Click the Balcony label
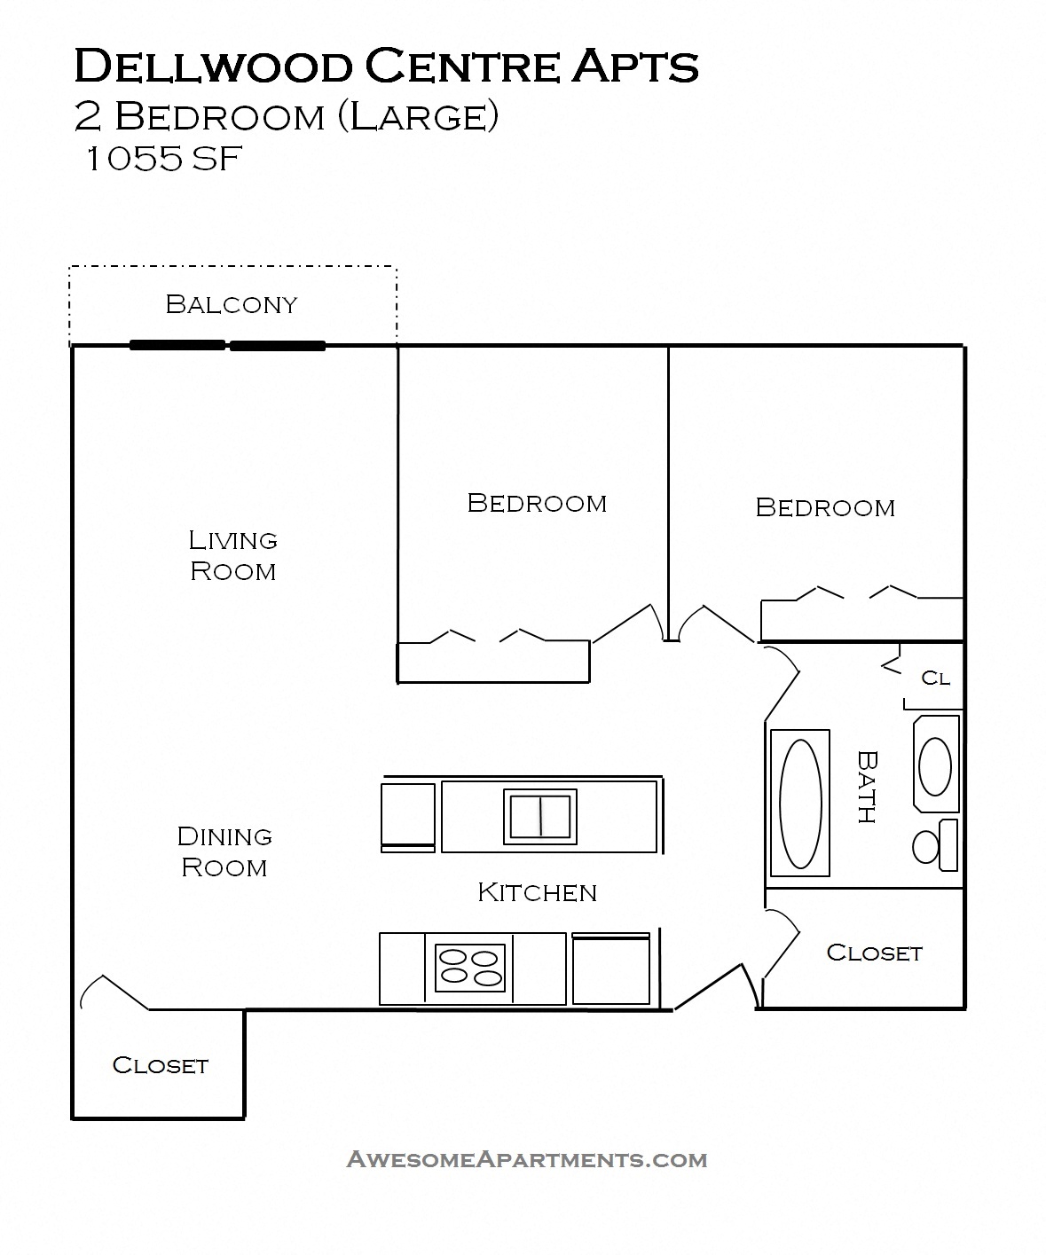click(231, 304)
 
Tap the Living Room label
click(232, 555)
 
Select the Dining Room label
click(224, 851)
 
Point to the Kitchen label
click(537, 892)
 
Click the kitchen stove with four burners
click(470, 967)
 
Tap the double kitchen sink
click(540, 816)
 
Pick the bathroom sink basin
click(934, 765)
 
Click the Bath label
click(867, 787)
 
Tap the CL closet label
click(935, 678)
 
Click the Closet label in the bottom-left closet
click(160, 1065)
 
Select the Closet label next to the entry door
click(874, 953)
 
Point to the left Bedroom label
click(537, 503)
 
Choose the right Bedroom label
click(825, 507)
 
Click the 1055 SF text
click(161, 160)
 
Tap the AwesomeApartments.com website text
click(526, 1159)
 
